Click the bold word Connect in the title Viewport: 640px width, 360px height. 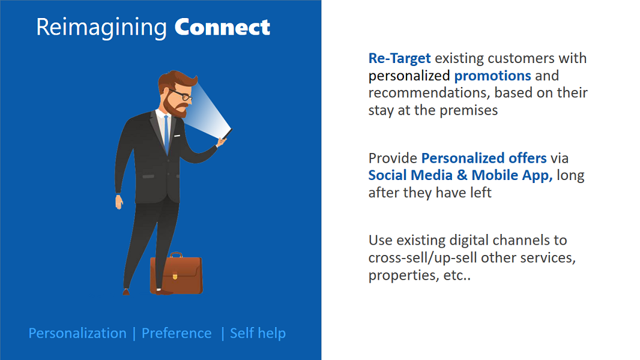[222, 28]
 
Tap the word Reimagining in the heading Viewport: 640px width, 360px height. [101, 28]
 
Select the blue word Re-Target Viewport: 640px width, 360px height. [400, 58]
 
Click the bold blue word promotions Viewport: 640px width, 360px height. [493, 76]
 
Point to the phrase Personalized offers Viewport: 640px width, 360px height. [484, 158]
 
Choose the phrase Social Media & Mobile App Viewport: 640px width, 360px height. [460, 175]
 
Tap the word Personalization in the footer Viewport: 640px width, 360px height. [77, 334]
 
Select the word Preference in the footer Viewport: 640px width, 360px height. [177, 334]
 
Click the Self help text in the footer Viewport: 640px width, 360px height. [258, 333]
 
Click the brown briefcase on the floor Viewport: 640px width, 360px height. [177, 274]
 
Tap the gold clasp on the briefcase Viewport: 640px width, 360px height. [175, 276]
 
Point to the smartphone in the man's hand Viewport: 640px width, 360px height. [228, 134]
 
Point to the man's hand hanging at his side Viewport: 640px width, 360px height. [119, 202]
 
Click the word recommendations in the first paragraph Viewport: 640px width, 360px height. [429, 93]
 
